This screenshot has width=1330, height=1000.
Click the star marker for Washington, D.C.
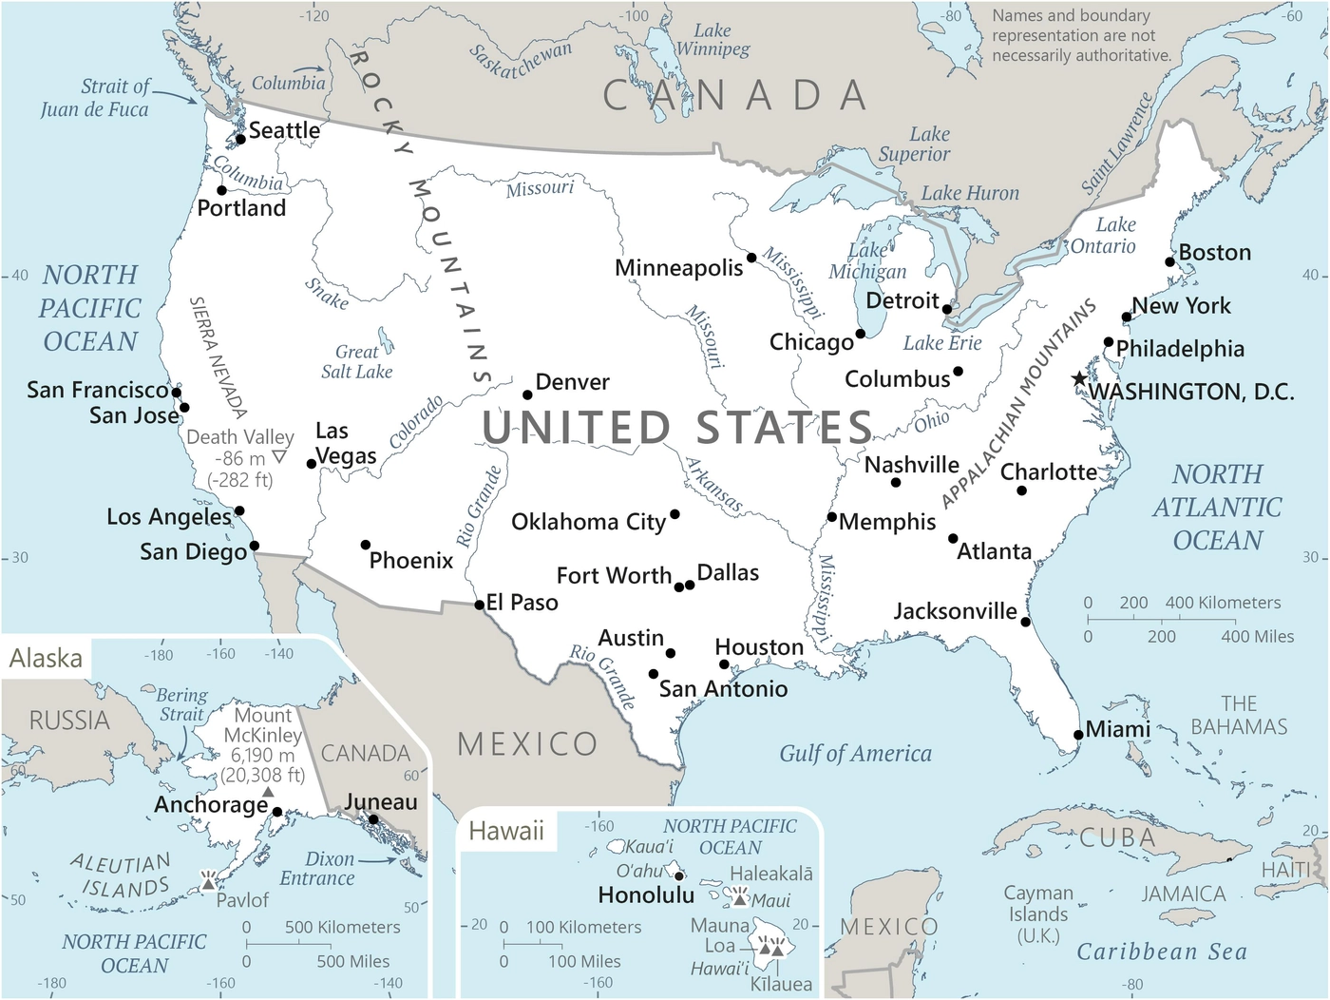tap(1079, 379)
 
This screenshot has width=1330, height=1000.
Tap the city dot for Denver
tap(527, 394)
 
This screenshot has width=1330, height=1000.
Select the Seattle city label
tap(284, 130)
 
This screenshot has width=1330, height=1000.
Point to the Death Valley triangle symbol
tap(278, 458)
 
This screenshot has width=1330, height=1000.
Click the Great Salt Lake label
tap(356, 362)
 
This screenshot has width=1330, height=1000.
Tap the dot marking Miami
tap(1078, 735)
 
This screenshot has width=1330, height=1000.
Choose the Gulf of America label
tap(855, 754)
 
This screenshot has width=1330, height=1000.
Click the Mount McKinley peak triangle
tap(268, 792)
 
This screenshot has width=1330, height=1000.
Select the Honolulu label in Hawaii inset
tap(646, 894)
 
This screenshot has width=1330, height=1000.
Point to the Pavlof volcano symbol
tap(208, 882)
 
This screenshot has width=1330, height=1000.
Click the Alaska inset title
tap(46, 658)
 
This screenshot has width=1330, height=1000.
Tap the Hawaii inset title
tap(506, 831)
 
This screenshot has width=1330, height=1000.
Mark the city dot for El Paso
tap(480, 605)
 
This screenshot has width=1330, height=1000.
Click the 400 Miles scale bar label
tap(1257, 637)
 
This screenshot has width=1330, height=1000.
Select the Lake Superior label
tap(914, 144)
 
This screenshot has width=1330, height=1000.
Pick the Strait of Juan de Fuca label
tap(95, 98)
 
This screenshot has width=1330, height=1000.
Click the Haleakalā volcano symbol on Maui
tap(740, 897)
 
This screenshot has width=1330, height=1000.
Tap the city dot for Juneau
tap(373, 819)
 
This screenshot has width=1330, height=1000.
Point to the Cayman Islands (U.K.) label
tap(1038, 914)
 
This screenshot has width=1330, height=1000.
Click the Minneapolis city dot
tap(751, 258)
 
